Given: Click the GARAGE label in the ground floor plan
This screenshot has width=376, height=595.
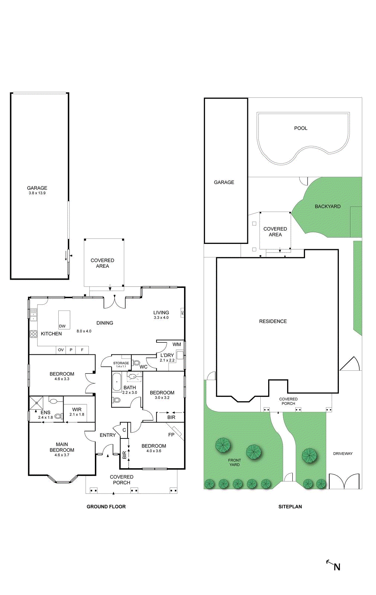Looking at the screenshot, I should pos(37,188).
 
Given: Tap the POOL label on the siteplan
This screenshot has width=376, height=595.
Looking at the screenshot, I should pos(301,128).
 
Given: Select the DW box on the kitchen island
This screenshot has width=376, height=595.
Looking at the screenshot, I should pos(62,326).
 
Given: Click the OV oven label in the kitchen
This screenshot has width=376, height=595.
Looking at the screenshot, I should pos(61,350).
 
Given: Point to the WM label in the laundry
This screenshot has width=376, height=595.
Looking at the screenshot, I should pos(177,344).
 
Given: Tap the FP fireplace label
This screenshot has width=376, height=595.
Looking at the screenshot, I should pos(171,434).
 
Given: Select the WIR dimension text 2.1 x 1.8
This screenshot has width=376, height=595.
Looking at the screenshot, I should pos(77,414).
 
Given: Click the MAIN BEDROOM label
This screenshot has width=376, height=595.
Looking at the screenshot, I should pos(62,447).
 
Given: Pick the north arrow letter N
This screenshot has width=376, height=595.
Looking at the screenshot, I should pos(337,567).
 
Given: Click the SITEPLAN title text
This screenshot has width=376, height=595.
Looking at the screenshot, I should pos(290,506).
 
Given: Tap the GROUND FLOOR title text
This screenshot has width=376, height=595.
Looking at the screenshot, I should pos(106,506).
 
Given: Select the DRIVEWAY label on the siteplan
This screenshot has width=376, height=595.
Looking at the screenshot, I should pos(343,454).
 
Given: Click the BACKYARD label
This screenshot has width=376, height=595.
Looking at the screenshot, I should pos(327,206).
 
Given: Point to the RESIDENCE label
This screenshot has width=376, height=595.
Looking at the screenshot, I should pos(273,321).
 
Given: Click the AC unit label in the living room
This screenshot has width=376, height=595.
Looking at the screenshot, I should pos(182,313).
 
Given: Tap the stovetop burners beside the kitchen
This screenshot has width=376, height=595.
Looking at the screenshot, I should pos(33,334).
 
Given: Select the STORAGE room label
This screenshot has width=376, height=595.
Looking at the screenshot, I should pos(121,363).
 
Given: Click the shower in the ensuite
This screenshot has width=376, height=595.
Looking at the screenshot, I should pos(36,402).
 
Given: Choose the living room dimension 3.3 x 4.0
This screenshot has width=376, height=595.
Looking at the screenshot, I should pos(161,318).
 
